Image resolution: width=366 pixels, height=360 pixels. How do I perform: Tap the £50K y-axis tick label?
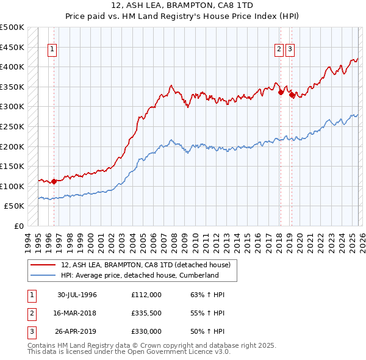tap(15, 206)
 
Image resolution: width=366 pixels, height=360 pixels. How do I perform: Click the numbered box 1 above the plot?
tap(52, 50)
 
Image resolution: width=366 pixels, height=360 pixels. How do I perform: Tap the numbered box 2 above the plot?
tap(279, 50)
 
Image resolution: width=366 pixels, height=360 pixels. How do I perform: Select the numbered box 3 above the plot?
tap(290, 50)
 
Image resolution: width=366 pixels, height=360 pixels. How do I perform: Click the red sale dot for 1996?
tap(54, 181)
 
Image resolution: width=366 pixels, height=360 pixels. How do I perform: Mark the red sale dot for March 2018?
tap(281, 92)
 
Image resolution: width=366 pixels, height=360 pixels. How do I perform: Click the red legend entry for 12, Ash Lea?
tap(145, 265)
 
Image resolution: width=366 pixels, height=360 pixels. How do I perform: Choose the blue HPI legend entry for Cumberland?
tap(140, 275)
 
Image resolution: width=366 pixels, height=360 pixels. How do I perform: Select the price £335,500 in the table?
tap(146, 313)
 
